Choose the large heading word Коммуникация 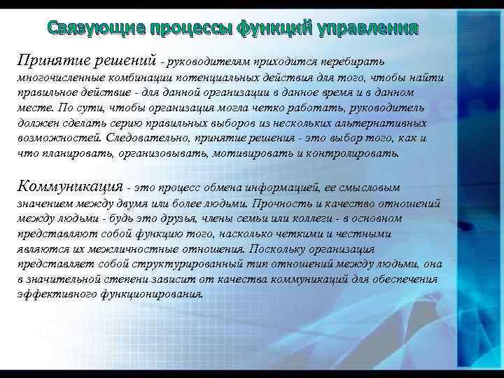(69, 185)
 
